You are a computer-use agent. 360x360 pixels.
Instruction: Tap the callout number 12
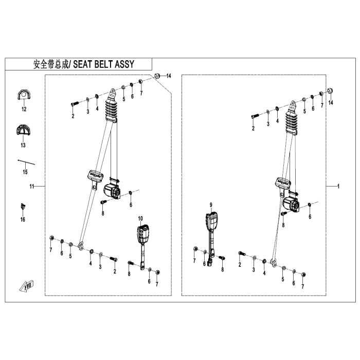(24, 109)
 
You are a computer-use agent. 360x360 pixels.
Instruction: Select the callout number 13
(23, 145)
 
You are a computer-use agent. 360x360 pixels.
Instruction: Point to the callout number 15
(25, 172)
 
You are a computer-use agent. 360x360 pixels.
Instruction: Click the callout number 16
(23, 220)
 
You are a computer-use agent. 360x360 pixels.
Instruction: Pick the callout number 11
(32, 186)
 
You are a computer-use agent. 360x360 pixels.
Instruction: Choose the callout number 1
(338, 186)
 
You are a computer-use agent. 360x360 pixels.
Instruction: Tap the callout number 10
(140, 219)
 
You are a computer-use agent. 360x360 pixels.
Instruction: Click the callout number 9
(211, 205)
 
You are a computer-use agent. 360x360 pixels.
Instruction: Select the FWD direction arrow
(27, 286)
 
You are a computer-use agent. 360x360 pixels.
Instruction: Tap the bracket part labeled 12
(24, 95)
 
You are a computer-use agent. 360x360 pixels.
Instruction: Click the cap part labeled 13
(23, 130)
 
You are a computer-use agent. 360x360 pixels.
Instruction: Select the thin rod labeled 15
(26, 162)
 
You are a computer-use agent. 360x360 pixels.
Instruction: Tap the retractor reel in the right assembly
(291, 204)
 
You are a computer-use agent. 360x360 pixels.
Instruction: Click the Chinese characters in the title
(51, 64)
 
